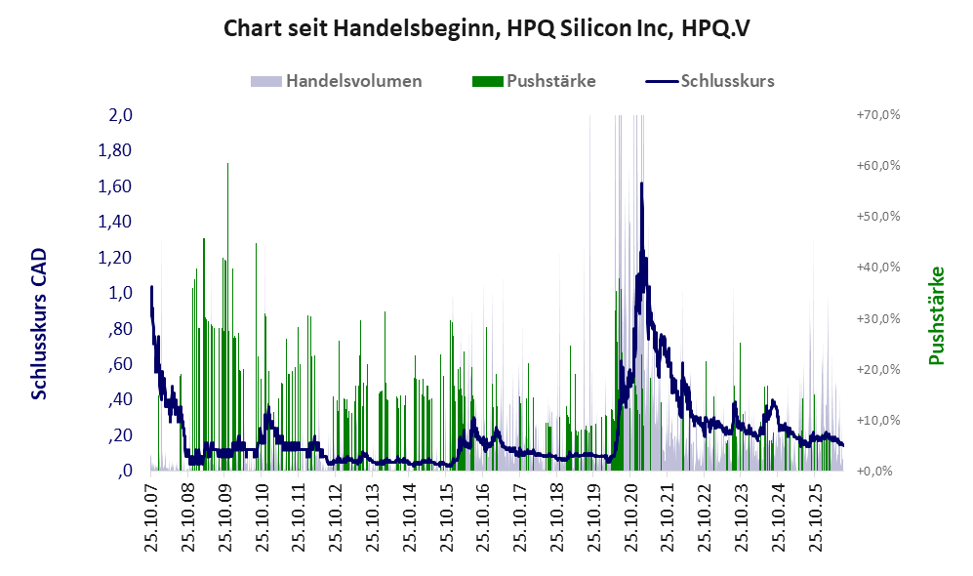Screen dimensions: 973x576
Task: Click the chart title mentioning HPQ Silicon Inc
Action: point(486,28)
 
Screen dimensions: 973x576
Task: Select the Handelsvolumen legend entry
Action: point(337,81)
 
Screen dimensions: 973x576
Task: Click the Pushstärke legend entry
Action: point(534,81)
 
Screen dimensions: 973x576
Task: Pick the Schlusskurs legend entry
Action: point(709,81)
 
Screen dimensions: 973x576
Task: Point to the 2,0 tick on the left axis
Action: point(120,115)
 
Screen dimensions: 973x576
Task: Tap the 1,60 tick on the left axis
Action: point(115,186)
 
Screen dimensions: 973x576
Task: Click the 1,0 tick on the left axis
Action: point(120,292)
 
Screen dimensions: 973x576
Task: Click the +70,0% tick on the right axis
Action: point(878,115)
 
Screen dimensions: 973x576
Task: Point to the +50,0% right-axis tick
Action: point(878,217)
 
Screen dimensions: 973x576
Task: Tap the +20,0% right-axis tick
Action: point(878,369)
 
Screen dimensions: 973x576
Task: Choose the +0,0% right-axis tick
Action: point(875,472)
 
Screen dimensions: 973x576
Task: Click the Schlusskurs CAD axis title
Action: point(38,323)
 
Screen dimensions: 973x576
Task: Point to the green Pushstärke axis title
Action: point(936,315)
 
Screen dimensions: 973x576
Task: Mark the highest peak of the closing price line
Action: point(641,184)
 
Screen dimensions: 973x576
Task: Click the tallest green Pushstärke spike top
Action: point(227,164)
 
